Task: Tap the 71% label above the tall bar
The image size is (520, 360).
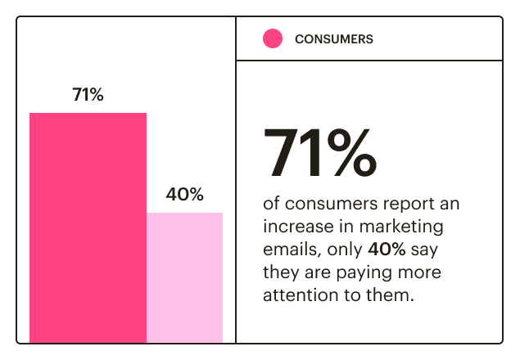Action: pos(88,95)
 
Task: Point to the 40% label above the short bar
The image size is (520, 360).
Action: pos(184,195)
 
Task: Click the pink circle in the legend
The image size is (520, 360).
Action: pos(273,38)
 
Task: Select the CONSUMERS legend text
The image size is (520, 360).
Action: pos(333,39)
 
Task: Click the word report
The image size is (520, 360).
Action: pos(395,202)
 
